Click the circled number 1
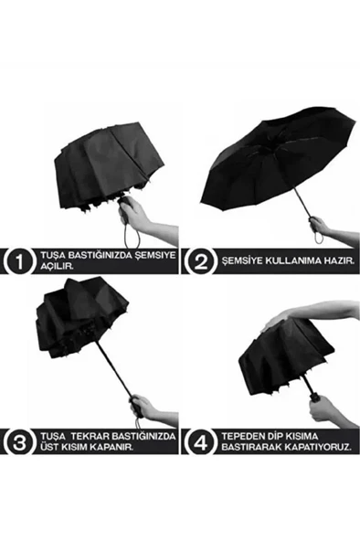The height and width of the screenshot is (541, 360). [17, 260]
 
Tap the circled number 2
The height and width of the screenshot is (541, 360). [198, 260]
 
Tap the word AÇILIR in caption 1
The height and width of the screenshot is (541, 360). [55, 266]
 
